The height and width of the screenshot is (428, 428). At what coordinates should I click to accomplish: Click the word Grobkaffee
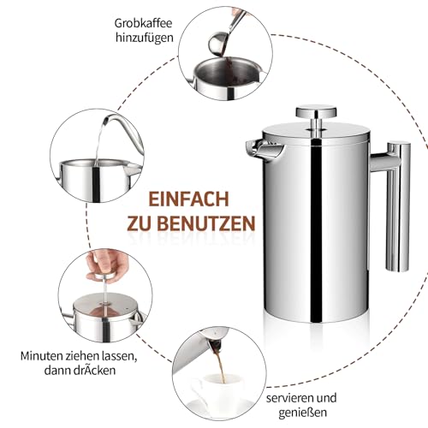(144, 23)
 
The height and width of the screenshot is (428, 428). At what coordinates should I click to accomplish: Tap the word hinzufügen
(145, 38)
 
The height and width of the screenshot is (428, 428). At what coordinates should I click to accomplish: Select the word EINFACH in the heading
(189, 199)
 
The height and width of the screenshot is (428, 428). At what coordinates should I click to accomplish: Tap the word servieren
(290, 398)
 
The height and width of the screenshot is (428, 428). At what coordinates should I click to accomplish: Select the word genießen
(302, 413)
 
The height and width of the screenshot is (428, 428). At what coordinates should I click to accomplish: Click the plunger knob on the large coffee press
(316, 111)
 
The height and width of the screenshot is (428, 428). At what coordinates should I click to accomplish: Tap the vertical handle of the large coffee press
(398, 206)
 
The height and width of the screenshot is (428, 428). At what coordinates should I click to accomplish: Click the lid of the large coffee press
(316, 132)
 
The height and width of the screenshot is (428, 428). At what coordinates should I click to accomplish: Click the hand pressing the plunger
(108, 264)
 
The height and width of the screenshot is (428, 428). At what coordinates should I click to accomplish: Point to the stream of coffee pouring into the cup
(220, 368)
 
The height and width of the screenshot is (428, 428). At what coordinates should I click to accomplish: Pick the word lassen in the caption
(119, 356)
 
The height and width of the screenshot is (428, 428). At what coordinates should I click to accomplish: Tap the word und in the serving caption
(326, 398)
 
